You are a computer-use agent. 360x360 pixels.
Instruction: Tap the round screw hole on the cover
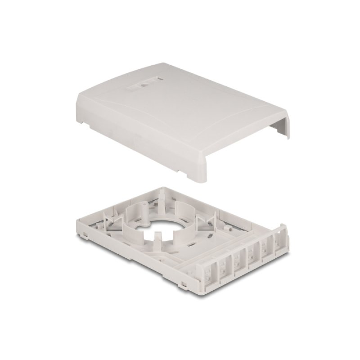[145, 84]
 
